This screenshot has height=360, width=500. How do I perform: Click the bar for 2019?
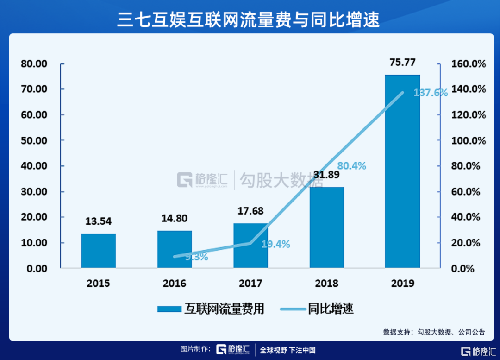tap(402, 171)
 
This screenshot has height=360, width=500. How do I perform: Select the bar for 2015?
tap(99, 251)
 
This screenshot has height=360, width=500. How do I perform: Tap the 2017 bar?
tap(250, 246)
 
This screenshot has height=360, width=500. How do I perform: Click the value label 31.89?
tap(326, 175)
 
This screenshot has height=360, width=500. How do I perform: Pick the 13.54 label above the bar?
tap(99, 221)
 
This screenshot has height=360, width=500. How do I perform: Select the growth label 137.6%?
tap(431, 93)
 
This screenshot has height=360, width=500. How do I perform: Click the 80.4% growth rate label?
tap(351, 165)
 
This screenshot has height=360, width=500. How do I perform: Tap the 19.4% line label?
tap(275, 244)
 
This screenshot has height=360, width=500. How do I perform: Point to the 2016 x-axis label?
tap(175, 283)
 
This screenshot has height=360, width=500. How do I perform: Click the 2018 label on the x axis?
tap(326, 283)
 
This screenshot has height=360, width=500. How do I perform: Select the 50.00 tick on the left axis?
tap(35, 140)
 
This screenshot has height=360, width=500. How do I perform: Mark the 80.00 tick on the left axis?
tap(35, 64)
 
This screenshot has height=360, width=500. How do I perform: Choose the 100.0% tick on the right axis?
tap(469, 140)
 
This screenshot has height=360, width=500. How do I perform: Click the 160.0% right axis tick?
tap(469, 64)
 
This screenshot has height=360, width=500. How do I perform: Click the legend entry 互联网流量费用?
tap(211, 309)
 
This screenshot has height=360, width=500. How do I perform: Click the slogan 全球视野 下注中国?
tap(287, 350)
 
